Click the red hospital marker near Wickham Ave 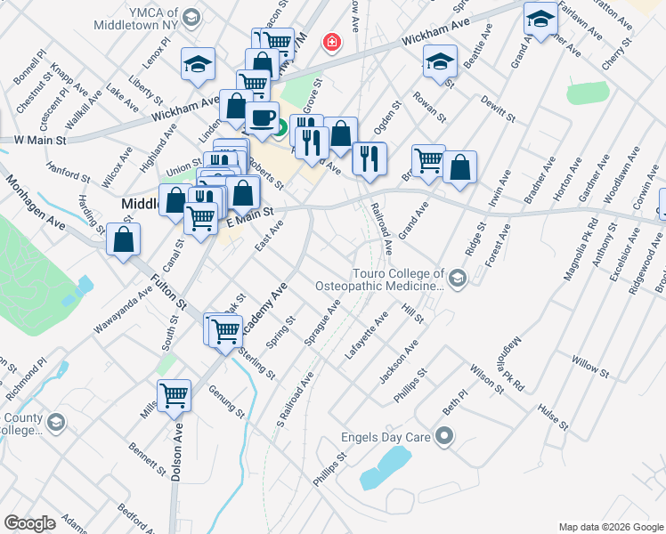(331, 43)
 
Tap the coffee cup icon (261, 118)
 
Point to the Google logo (29, 523)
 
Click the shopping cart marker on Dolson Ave (175, 396)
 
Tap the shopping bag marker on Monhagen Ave (123, 239)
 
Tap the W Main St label (40, 141)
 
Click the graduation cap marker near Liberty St (198, 64)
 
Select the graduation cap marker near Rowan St (439, 62)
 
